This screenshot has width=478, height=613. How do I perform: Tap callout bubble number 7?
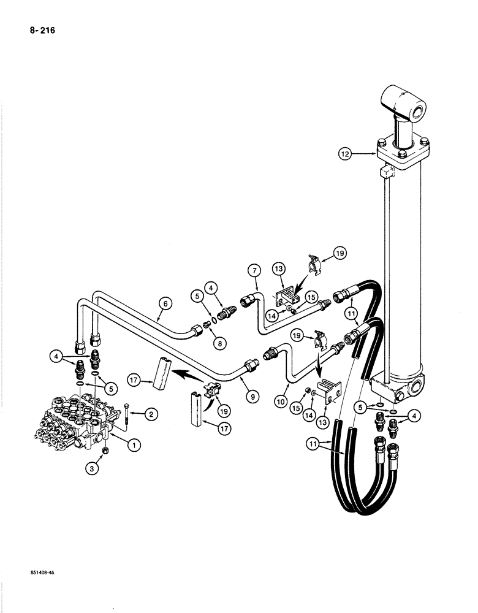255,270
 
